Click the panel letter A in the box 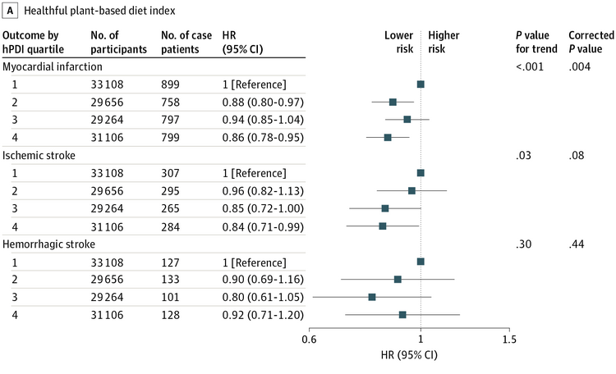[x=10, y=11]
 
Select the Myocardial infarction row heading [x=53, y=66]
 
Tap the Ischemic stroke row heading [x=39, y=155]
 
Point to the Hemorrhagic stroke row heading [x=48, y=244]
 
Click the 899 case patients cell [x=170, y=84]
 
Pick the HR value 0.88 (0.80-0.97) [x=263, y=103]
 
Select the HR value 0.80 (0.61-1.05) [x=263, y=297]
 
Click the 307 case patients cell [x=170, y=173]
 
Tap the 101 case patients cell [x=170, y=297]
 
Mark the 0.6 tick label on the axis [x=309, y=339]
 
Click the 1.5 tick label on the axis [x=509, y=339]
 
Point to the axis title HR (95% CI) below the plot [x=409, y=355]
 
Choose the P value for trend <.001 [x=530, y=66]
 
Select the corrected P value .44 [x=577, y=244]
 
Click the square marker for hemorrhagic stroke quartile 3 [x=371, y=297]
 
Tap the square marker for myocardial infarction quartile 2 [x=393, y=103]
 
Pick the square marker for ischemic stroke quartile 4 [x=382, y=226]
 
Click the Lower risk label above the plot [x=398, y=42]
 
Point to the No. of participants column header [x=118, y=42]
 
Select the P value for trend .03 [x=523, y=155]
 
